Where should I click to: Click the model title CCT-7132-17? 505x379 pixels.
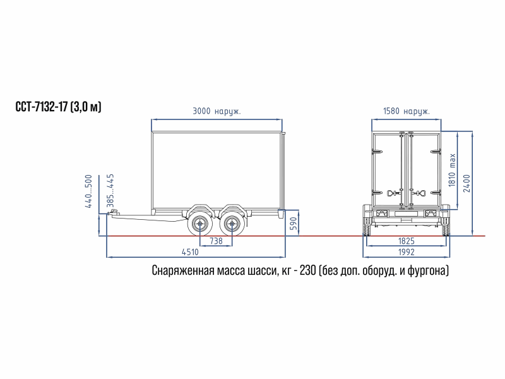pos(42,107)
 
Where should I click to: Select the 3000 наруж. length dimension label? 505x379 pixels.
pos(217,111)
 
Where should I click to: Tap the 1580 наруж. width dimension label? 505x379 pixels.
pos(407,111)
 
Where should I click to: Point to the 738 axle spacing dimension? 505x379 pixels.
pos(216,241)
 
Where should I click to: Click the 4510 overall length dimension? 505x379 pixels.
pos(190,252)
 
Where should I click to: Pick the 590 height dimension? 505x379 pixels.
pos(294,224)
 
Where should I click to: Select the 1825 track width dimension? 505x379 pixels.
pos(407,241)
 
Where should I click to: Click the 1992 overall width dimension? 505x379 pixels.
pos(407,252)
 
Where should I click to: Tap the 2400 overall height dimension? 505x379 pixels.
pos(466,183)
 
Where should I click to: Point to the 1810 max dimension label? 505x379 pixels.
pos(452,170)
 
